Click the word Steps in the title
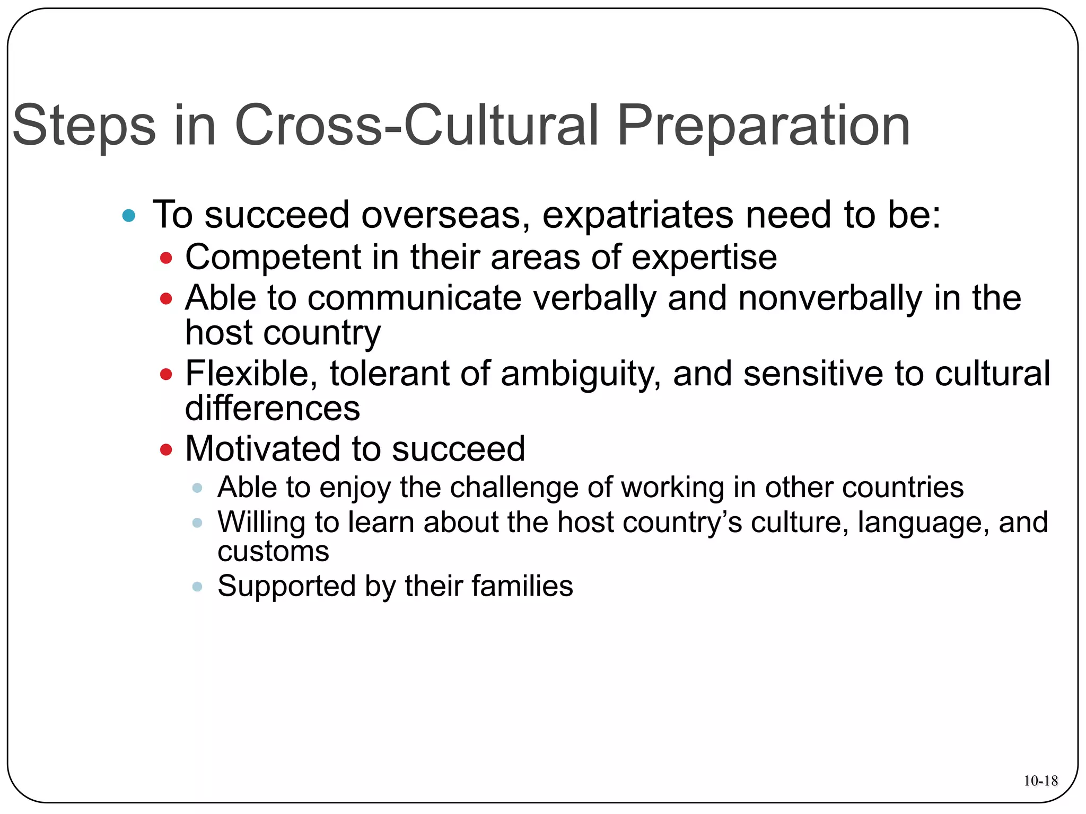coord(84,126)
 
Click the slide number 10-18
coord(1040,781)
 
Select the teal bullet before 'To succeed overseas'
coord(128,216)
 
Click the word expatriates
coord(637,216)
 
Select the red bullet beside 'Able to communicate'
coord(166,299)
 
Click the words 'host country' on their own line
coord(283,333)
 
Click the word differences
coord(273,409)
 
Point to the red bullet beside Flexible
coord(166,375)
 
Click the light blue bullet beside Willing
coord(197,523)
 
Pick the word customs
coord(273,552)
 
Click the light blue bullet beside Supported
coord(197,587)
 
